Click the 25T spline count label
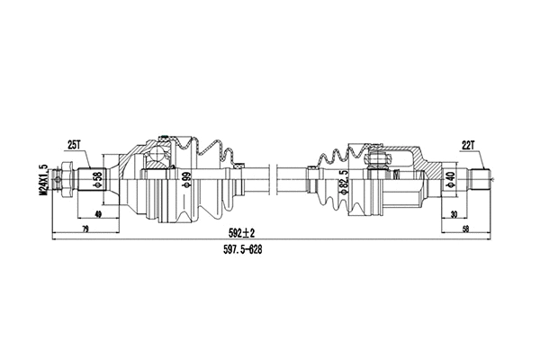pyautogui.click(x=75, y=144)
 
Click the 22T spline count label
pyautogui.click(x=467, y=144)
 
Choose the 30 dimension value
pyautogui.click(x=454, y=214)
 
